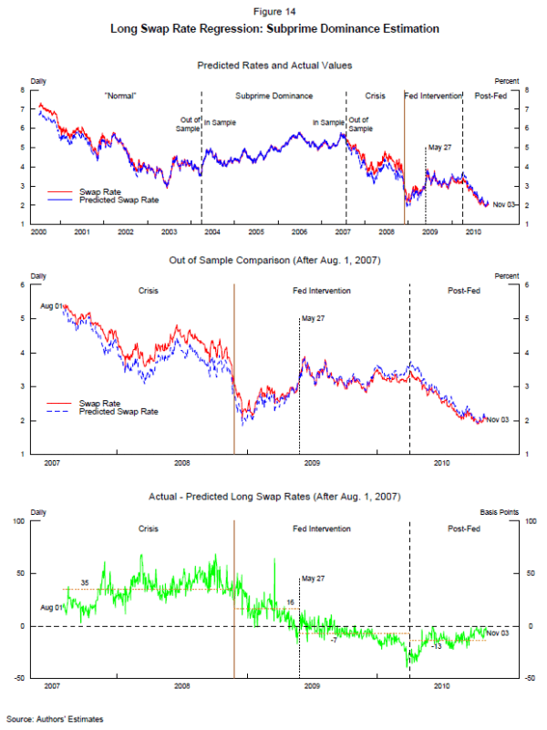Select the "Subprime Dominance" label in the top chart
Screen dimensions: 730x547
[273, 96]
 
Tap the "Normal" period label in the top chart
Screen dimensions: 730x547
[120, 96]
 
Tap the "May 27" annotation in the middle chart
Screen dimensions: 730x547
[313, 318]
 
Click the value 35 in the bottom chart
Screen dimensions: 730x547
[84, 582]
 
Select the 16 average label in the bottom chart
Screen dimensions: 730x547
[290, 602]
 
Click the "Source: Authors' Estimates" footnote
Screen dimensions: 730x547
[55, 719]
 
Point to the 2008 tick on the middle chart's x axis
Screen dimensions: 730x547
[182, 463]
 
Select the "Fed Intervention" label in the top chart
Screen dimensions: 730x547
[433, 96]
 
